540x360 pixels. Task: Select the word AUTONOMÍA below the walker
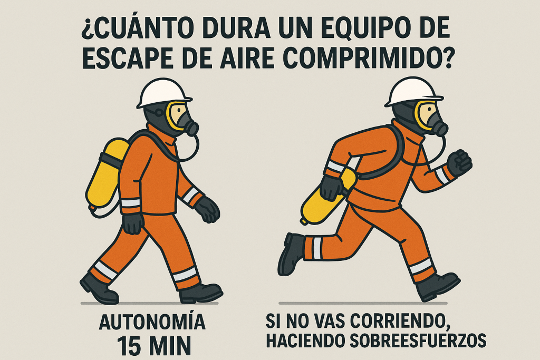(152, 322)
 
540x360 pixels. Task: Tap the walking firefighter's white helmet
(163, 93)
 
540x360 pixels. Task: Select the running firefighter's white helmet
(413, 91)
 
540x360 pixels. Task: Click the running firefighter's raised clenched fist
(460, 163)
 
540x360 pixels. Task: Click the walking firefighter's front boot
(201, 293)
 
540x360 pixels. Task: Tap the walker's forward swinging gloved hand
(207, 209)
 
